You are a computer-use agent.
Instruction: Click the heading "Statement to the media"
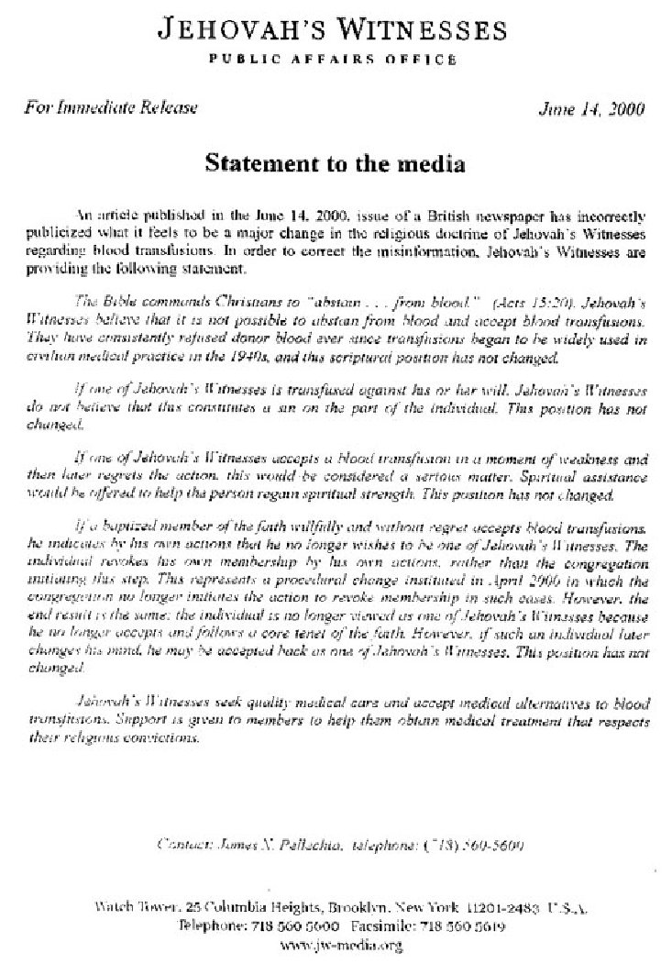335,165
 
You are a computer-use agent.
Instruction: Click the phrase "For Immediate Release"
110,108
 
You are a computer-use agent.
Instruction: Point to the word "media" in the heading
430,165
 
